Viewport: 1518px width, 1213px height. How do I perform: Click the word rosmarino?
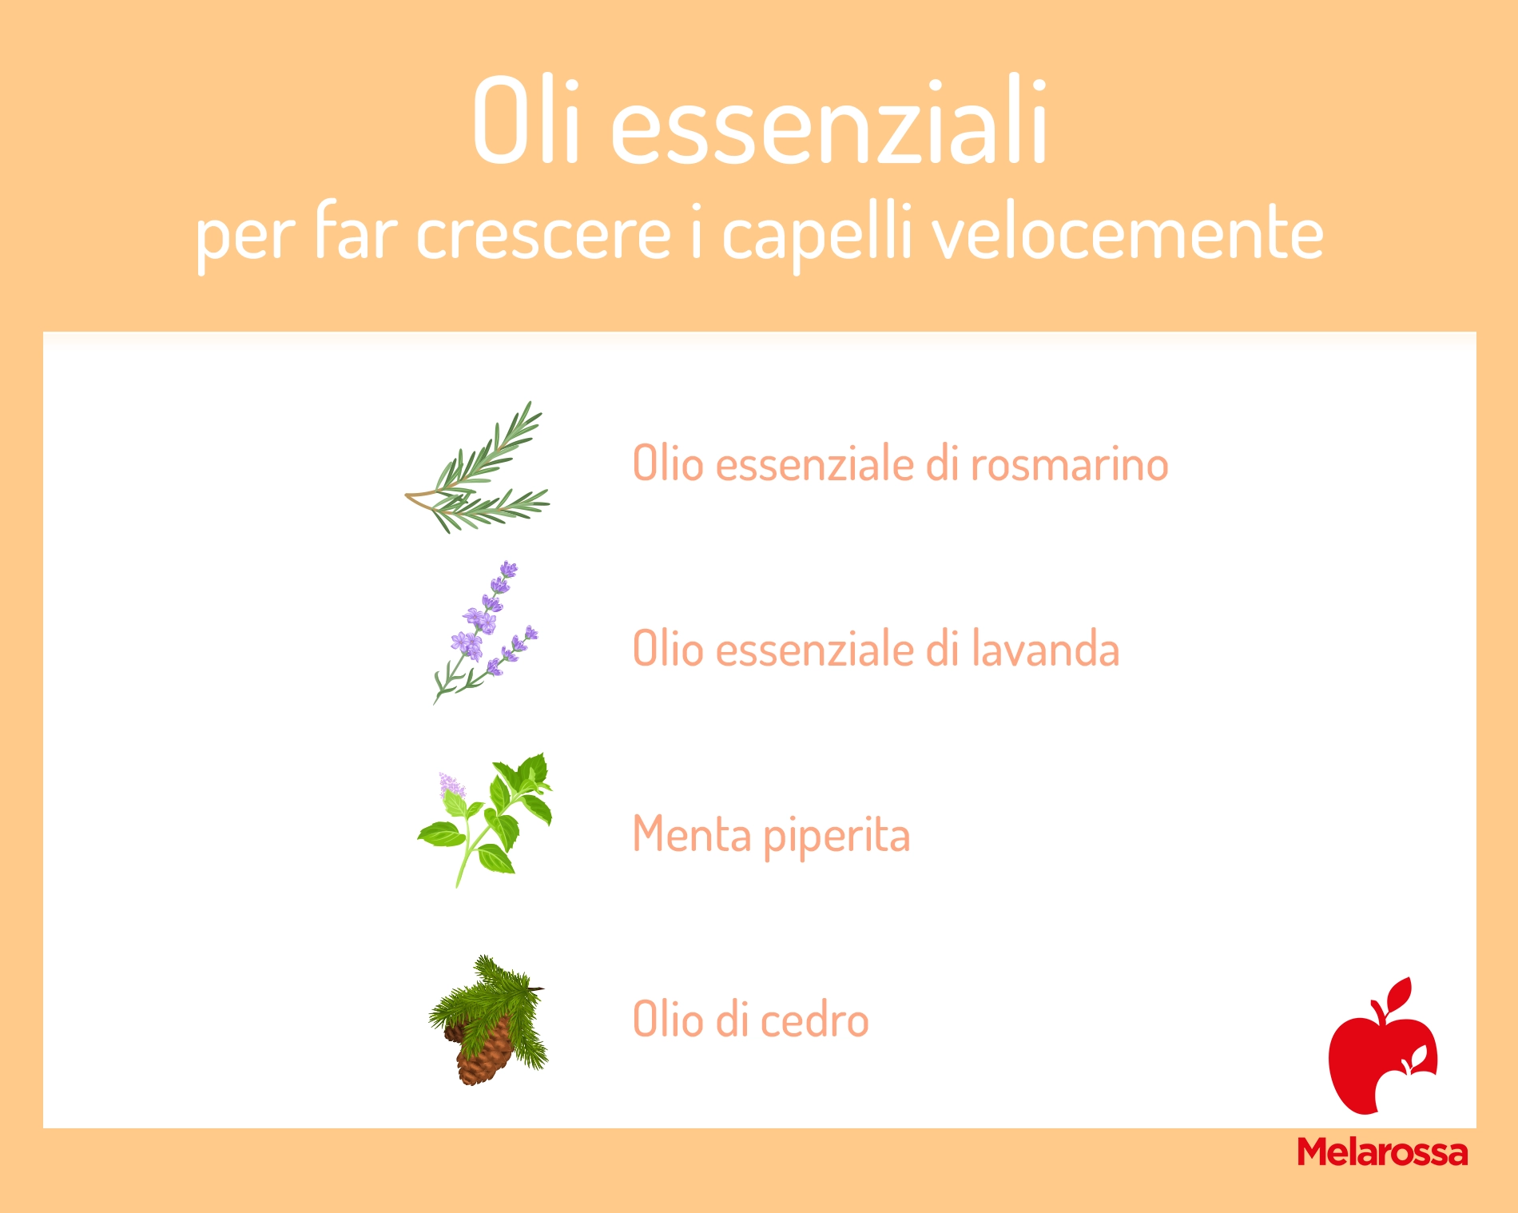pyautogui.click(x=1069, y=464)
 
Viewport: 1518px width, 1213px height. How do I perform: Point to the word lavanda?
pyautogui.click(x=1045, y=649)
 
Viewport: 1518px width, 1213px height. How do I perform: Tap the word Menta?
pyautogui.click(x=692, y=835)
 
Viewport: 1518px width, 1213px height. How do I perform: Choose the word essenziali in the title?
pyautogui.click(x=829, y=123)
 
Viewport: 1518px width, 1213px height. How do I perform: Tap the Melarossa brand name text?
pyautogui.click(x=1382, y=1151)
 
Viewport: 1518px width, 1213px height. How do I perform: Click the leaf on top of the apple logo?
pyautogui.click(x=1400, y=994)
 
